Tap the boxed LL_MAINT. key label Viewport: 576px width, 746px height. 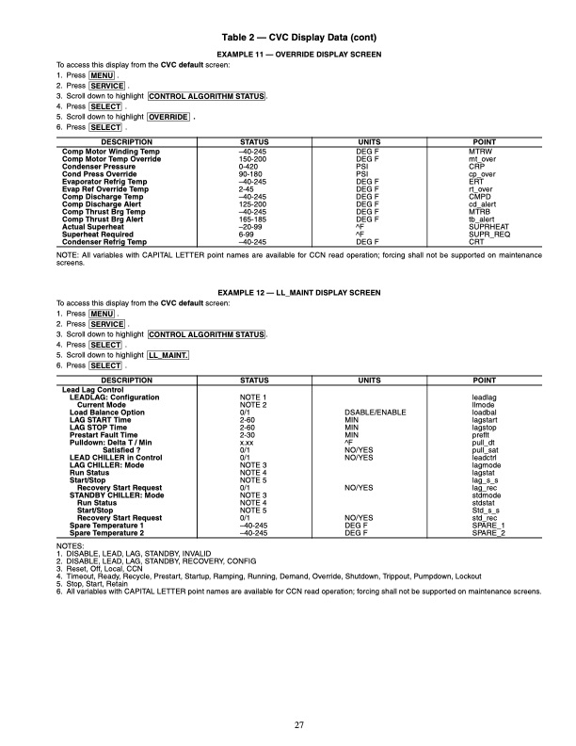pos(169,355)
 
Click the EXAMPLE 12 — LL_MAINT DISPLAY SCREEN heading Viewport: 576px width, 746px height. pos(288,293)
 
